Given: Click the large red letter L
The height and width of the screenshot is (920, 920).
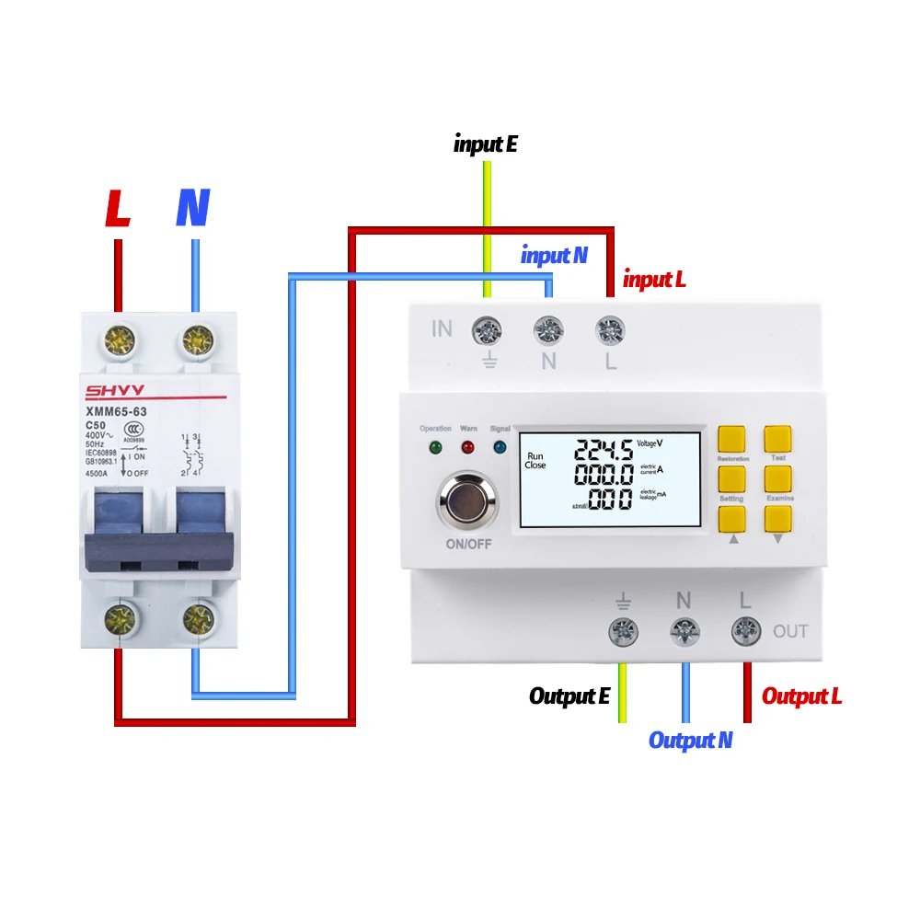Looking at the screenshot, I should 118,209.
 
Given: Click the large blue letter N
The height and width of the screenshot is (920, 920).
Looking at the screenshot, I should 193,209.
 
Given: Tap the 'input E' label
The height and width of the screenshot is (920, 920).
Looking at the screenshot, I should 487,144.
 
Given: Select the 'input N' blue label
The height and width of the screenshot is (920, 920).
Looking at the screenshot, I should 554,256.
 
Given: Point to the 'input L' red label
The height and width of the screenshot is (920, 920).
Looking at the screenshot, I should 654,279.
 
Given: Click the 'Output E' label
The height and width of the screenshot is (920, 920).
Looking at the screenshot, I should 569,696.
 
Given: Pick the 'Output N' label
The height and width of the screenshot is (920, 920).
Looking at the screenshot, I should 690,740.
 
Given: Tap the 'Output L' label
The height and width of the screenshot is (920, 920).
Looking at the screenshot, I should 801,696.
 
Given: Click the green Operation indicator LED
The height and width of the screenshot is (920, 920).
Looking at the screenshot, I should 435,448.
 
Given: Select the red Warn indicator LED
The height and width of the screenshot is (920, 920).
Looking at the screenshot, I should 467,448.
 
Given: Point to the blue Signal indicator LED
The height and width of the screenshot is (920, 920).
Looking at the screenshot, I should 500,448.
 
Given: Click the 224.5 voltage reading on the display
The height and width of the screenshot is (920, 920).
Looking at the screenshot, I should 604,450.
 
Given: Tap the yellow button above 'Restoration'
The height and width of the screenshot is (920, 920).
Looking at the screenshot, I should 731,439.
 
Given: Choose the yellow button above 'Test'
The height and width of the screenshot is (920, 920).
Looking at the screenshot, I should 777,439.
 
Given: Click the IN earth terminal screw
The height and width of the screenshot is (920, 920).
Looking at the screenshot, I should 486,328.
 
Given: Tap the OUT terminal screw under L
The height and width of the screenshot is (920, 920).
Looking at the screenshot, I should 745,630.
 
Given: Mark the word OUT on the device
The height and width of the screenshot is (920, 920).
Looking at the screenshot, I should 790,631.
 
